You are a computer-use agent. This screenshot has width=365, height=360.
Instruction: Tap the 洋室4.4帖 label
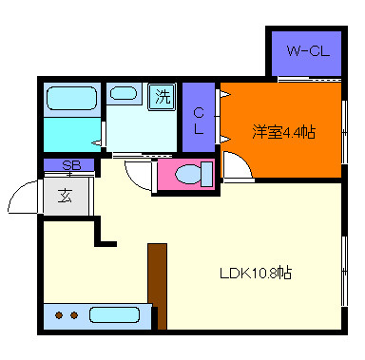pos(283,132)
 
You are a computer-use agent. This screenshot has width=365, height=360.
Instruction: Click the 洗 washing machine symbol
pos(163,96)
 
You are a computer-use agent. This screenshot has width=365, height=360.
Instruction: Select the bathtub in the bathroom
pos(72,99)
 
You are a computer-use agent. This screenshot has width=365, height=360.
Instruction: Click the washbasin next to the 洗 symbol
pos(124,93)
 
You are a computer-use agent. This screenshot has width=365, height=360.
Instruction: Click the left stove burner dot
pos(60,314)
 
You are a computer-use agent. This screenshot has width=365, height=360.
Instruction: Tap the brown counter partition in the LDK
pos(157,285)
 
